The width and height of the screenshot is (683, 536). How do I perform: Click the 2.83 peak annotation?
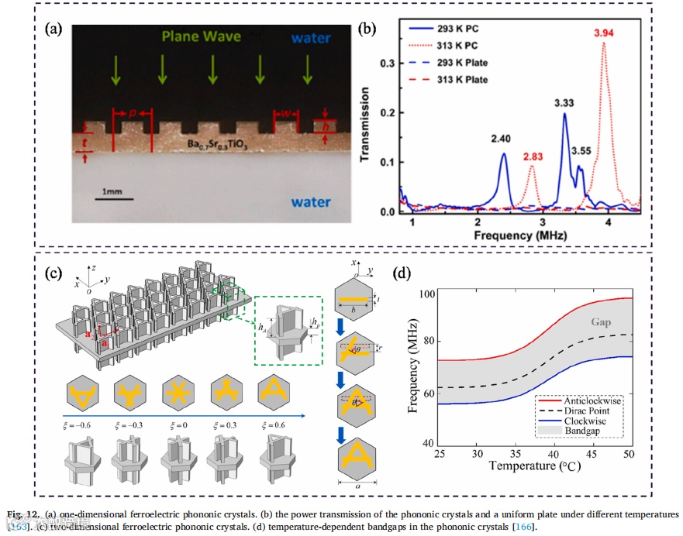click(x=531, y=155)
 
